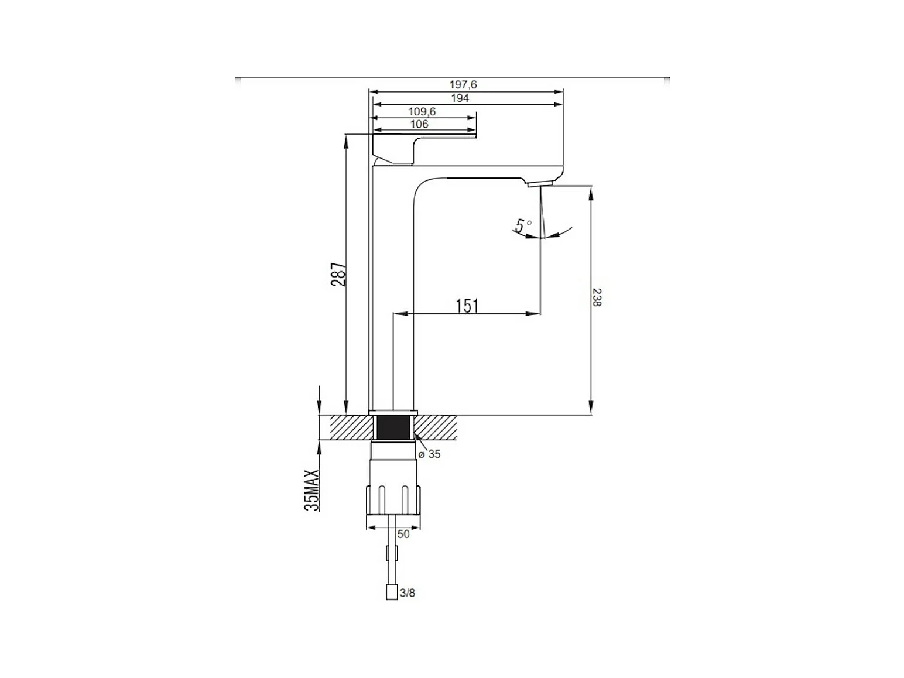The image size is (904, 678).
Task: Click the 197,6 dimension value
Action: coord(463,84)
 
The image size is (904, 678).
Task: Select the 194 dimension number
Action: coord(460,98)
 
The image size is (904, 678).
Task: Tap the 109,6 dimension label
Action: coord(422,112)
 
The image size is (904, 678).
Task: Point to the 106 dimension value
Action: coord(419,124)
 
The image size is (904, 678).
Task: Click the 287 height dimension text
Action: coord(338,274)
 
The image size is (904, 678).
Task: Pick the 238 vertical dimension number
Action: coord(597,297)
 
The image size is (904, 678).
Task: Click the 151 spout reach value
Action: coord(467,306)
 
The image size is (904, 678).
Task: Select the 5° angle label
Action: coord(523,225)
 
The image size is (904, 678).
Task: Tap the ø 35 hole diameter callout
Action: coord(429,454)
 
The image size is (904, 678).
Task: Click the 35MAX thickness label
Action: coord(311,490)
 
